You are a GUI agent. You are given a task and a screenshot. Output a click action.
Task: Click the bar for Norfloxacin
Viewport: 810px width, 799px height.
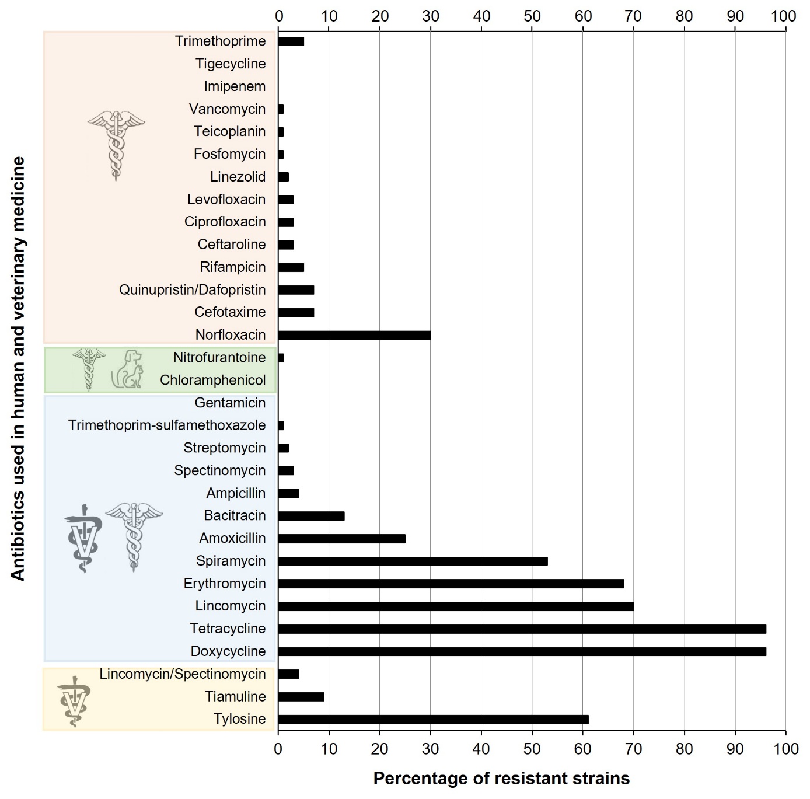pyautogui.click(x=354, y=335)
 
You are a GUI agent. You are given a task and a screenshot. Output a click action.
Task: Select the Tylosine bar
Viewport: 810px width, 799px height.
pyautogui.click(x=433, y=719)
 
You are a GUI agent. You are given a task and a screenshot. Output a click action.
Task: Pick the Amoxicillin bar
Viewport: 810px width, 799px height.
pyautogui.click(x=341, y=538)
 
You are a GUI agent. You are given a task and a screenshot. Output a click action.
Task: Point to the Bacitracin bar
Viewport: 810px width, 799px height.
pyautogui.click(x=311, y=516)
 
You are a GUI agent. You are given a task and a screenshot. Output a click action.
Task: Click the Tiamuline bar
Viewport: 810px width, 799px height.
pyautogui.click(x=301, y=696)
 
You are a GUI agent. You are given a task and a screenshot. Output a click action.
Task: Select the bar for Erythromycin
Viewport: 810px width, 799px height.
pyautogui.click(x=451, y=584)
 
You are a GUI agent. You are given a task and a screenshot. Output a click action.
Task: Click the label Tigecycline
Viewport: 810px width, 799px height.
pyautogui.click(x=231, y=64)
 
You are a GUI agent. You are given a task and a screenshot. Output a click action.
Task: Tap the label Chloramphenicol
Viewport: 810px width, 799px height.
pyautogui.click(x=212, y=380)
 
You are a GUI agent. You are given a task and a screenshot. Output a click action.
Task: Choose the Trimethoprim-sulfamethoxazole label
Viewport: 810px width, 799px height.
pyautogui.click(x=167, y=425)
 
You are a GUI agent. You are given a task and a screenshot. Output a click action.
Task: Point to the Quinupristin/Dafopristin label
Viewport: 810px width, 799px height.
pyautogui.click(x=192, y=289)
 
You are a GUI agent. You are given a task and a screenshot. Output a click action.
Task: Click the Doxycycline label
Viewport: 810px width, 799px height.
pyautogui.click(x=228, y=651)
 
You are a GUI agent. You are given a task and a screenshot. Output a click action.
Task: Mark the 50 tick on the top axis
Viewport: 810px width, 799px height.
pyautogui.click(x=532, y=16)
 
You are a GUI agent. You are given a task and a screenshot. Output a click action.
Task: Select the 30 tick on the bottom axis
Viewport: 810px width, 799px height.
pyautogui.click(x=431, y=749)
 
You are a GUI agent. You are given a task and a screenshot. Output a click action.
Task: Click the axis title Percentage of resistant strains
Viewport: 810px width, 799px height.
pyautogui.click(x=501, y=778)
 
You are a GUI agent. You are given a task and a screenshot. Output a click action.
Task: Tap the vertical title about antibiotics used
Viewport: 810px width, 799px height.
pyautogui.click(x=18, y=368)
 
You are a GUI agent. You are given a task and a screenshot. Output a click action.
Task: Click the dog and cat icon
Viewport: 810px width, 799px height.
pyautogui.click(x=127, y=369)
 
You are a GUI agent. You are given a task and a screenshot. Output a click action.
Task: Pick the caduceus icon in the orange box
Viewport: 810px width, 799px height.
pyautogui.click(x=116, y=145)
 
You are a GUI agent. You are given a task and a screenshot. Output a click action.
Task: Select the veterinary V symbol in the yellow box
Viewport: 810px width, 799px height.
pyautogui.click(x=74, y=700)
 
